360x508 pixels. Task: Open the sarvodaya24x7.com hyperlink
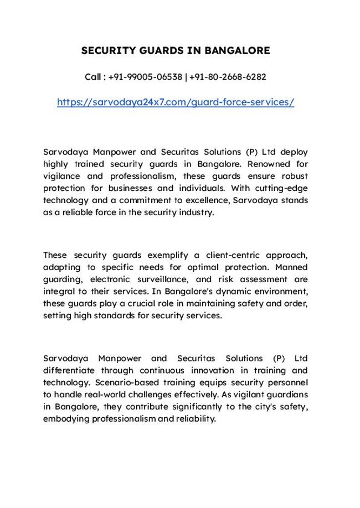coord(176,102)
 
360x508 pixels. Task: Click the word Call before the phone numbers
coord(93,77)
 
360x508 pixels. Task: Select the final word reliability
coord(195,419)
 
